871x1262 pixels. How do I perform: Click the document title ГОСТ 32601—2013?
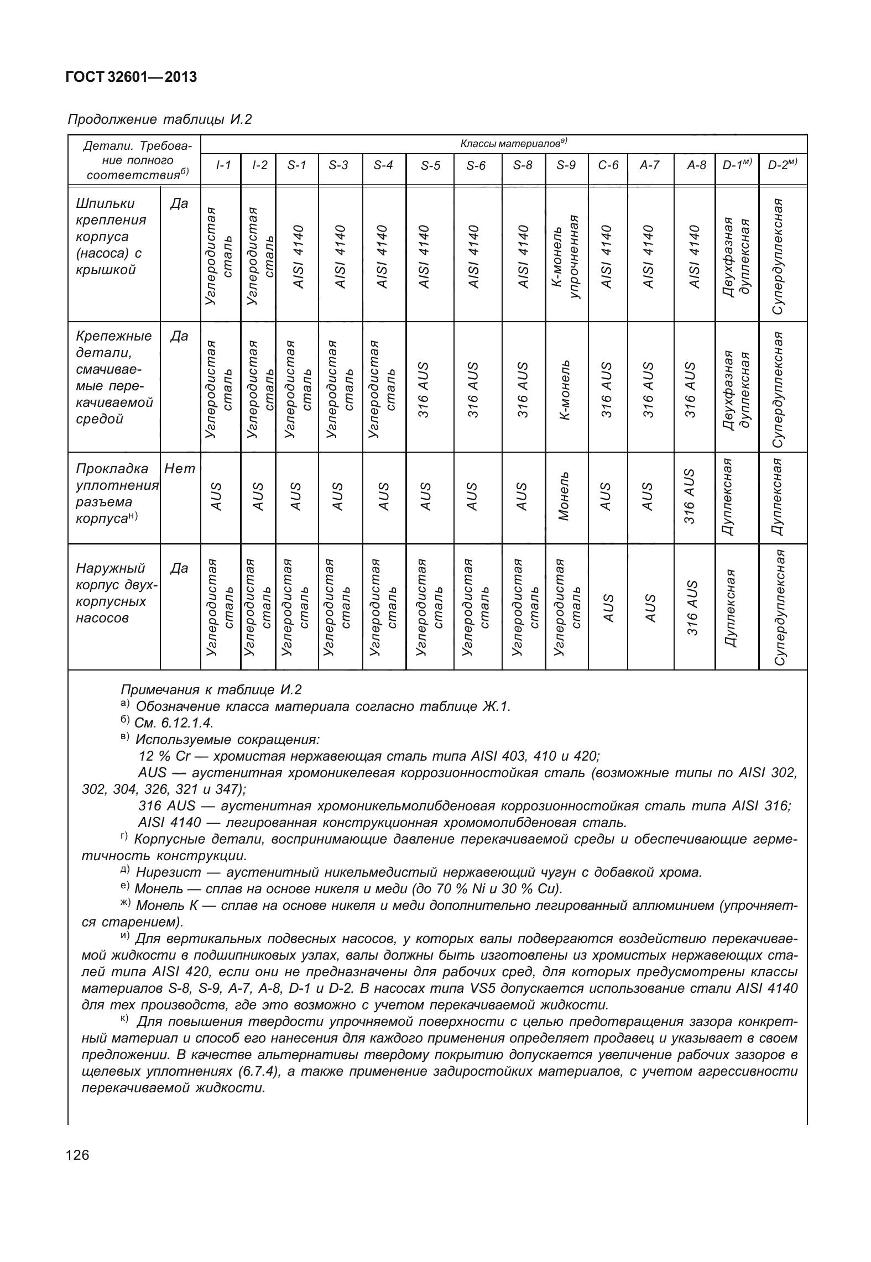click(x=131, y=77)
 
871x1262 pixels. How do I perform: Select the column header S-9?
click(x=566, y=165)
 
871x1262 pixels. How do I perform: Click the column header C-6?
click(x=608, y=165)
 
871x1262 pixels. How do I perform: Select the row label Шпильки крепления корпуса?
click(x=111, y=237)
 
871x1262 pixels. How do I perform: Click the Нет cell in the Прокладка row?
click(x=180, y=469)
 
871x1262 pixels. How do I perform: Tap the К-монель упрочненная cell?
click(x=566, y=257)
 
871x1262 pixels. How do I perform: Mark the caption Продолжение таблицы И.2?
click(x=159, y=119)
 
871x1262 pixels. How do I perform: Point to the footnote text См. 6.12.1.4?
click(x=174, y=722)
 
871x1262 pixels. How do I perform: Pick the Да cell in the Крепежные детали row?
click(x=180, y=336)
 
